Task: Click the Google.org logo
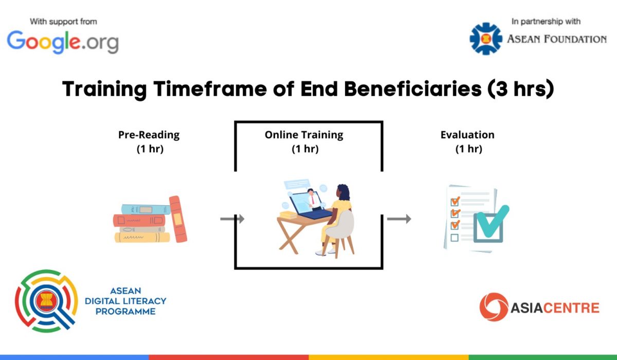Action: pos(63,42)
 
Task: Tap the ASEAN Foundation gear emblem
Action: pos(486,39)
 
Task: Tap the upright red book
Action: pos(178,219)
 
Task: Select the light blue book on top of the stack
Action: pos(146,210)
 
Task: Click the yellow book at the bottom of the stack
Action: pos(142,238)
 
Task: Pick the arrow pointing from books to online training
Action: pos(232,219)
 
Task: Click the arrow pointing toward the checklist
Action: pos(399,219)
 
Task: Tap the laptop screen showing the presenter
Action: pos(306,203)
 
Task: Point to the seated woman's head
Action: pos(343,192)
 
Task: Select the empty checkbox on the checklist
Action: pos(455,238)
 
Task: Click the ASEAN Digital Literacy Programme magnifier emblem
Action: pos(47,301)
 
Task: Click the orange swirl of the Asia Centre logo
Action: pos(494,307)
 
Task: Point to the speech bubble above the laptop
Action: pos(297,184)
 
